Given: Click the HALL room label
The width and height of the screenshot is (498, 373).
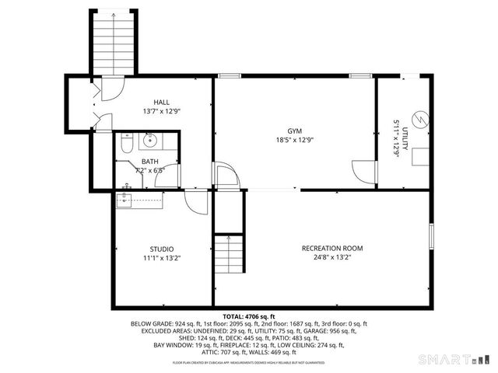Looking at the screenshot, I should pyautogui.click(x=162, y=102).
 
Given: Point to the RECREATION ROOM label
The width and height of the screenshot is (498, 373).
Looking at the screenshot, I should pyautogui.click(x=332, y=249).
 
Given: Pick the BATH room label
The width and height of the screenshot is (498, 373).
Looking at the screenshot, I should pyautogui.click(x=149, y=162).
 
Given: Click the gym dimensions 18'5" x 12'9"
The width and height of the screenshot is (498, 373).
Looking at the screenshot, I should pyautogui.click(x=294, y=141).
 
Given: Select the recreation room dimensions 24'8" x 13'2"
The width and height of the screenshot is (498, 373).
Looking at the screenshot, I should pyautogui.click(x=332, y=258).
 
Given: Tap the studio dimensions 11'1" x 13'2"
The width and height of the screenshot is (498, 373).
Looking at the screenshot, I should pyautogui.click(x=163, y=258).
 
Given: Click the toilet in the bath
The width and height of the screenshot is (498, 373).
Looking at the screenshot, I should pyautogui.click(x=129, y=141).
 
